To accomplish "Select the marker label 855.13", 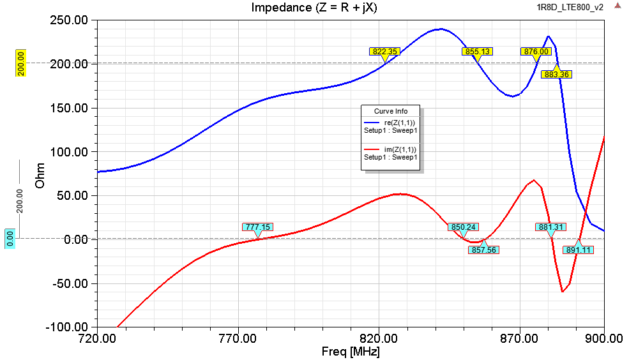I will click(x=477, y=52).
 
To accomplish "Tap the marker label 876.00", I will click(x=536, y=52).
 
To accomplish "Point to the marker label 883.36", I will click(x=556, y=75).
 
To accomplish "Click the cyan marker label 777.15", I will click(x=258, y=227).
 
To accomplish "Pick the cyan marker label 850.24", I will click(x=464, y=227).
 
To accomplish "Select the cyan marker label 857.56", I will click(x=483, y=250).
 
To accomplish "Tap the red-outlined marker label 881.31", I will click(x=550, y=227).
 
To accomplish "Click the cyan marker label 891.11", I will click(x=578, y=250).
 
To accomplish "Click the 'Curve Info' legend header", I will click(x=391, y=111).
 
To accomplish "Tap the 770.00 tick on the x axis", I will click(x=238, y=338).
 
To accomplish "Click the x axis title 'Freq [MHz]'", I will click(x=351, y=352).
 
